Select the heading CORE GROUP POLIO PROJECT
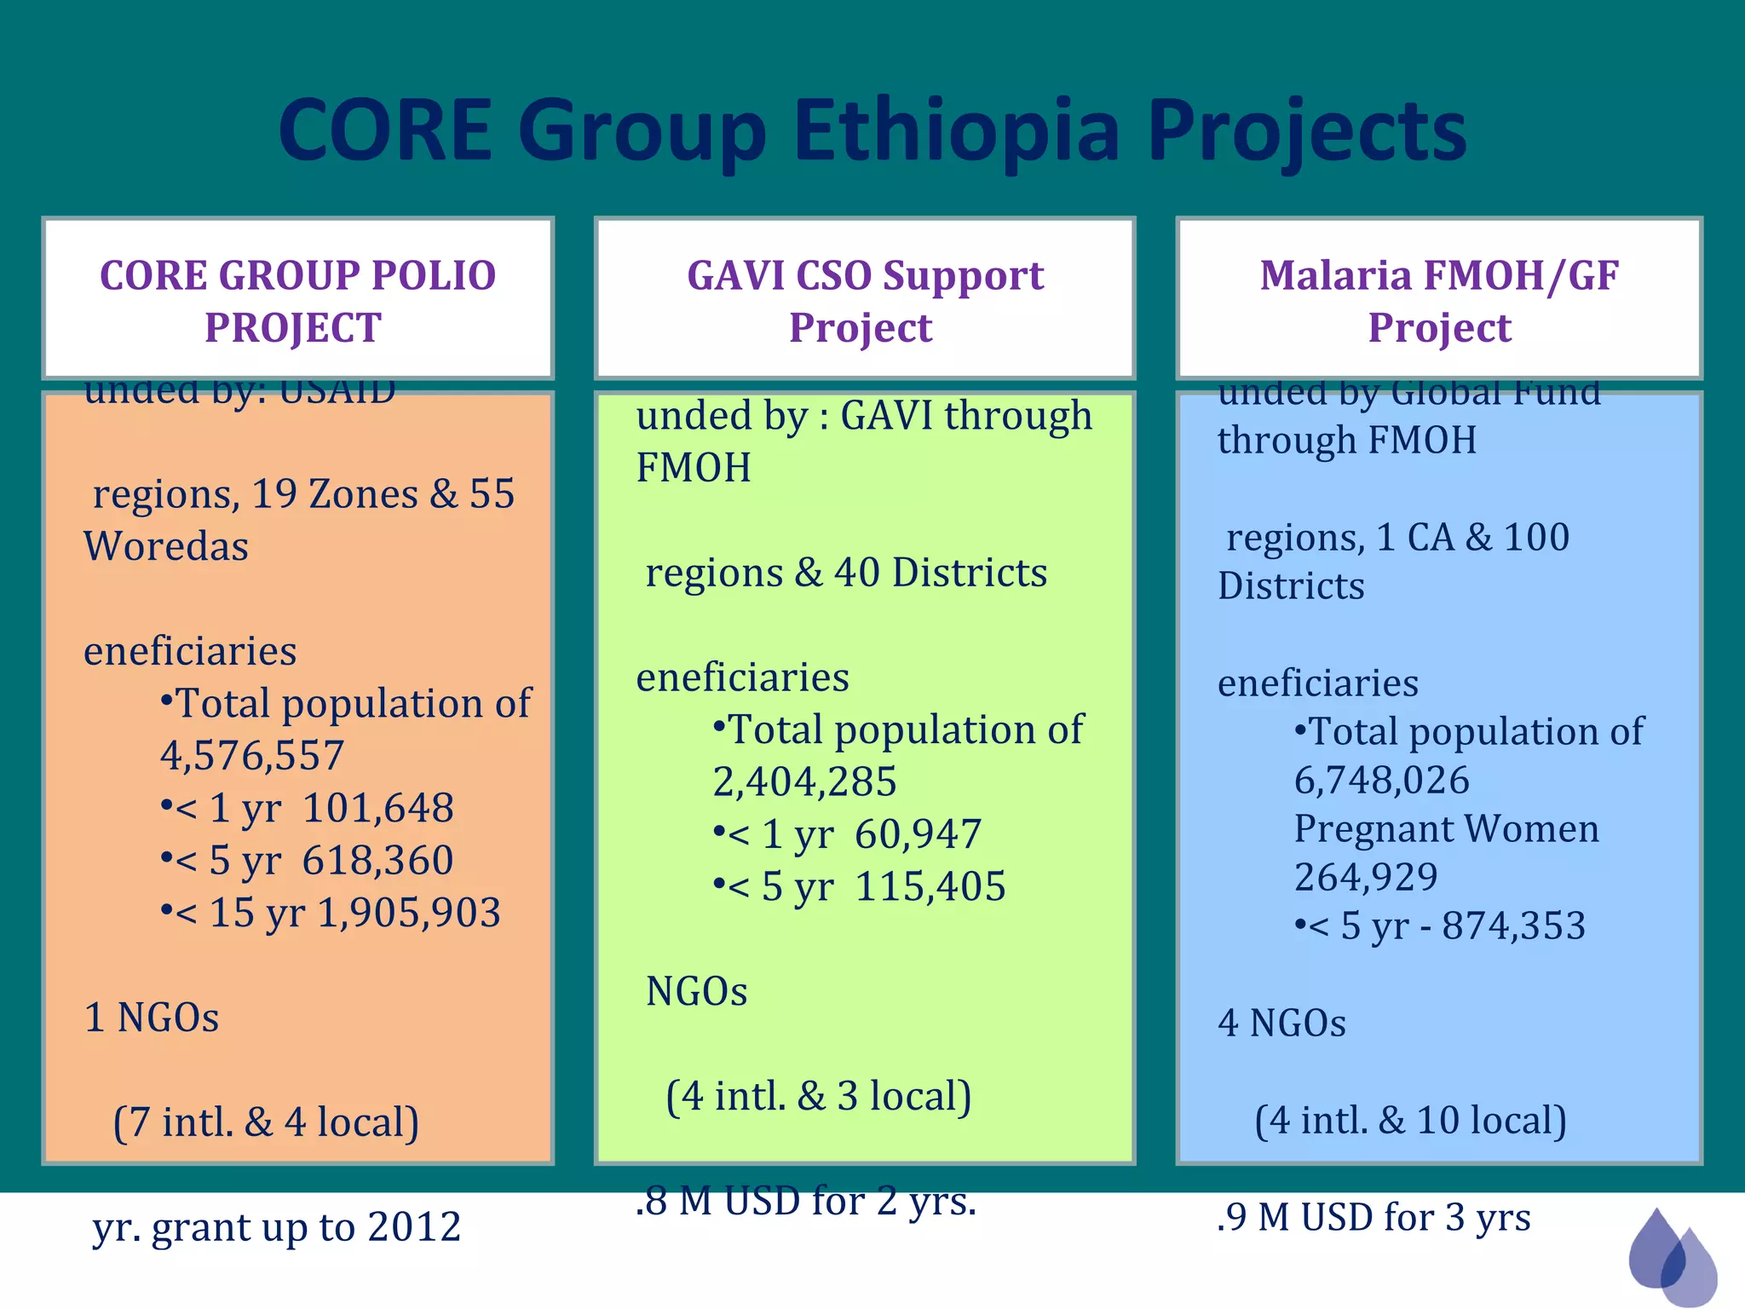[297, 301]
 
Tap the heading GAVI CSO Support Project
[864, 301]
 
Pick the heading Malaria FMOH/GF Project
[1438, 301]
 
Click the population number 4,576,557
[252, 755]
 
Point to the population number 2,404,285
[804, 781]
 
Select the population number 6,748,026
[1381, 780]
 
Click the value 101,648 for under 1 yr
[377, 808]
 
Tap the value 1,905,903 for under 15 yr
[409, 913]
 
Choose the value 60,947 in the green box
[918, 834]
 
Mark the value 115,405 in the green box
[930, 886]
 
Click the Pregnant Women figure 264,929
[1366, 877]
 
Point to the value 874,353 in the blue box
[1513, 926]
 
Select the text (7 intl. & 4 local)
[266, 1122]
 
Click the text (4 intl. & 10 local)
[1410, 1120]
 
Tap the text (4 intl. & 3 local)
[818, 1096]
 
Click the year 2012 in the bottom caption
[414, 1227]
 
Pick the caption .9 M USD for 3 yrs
[1373, 1217]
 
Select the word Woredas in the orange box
[166, 546]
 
